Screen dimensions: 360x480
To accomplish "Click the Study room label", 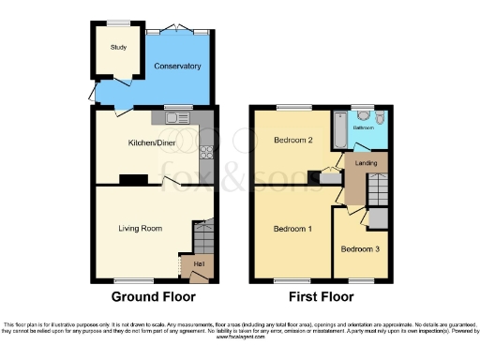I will [x=118, y=47].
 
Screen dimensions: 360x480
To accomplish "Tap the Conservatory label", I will [x=178, y=67].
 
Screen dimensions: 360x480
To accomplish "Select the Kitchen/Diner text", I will [x=151, y=143].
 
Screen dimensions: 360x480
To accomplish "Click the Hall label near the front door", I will [x=199, y=264].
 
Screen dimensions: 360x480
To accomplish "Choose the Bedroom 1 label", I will [x=292, y=229].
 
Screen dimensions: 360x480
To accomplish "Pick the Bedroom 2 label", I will [x=292, y=141].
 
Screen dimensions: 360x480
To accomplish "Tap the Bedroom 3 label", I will [x=361, y=249].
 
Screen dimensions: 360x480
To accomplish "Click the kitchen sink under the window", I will [x=175, y=117].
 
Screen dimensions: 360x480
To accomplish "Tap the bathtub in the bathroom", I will [x=337, y=131].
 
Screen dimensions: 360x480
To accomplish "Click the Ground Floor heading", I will [x=154, y=297].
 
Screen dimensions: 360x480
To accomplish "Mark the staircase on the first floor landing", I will [x=378, y=192].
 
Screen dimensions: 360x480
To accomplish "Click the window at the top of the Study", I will [x=117, y=22].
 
